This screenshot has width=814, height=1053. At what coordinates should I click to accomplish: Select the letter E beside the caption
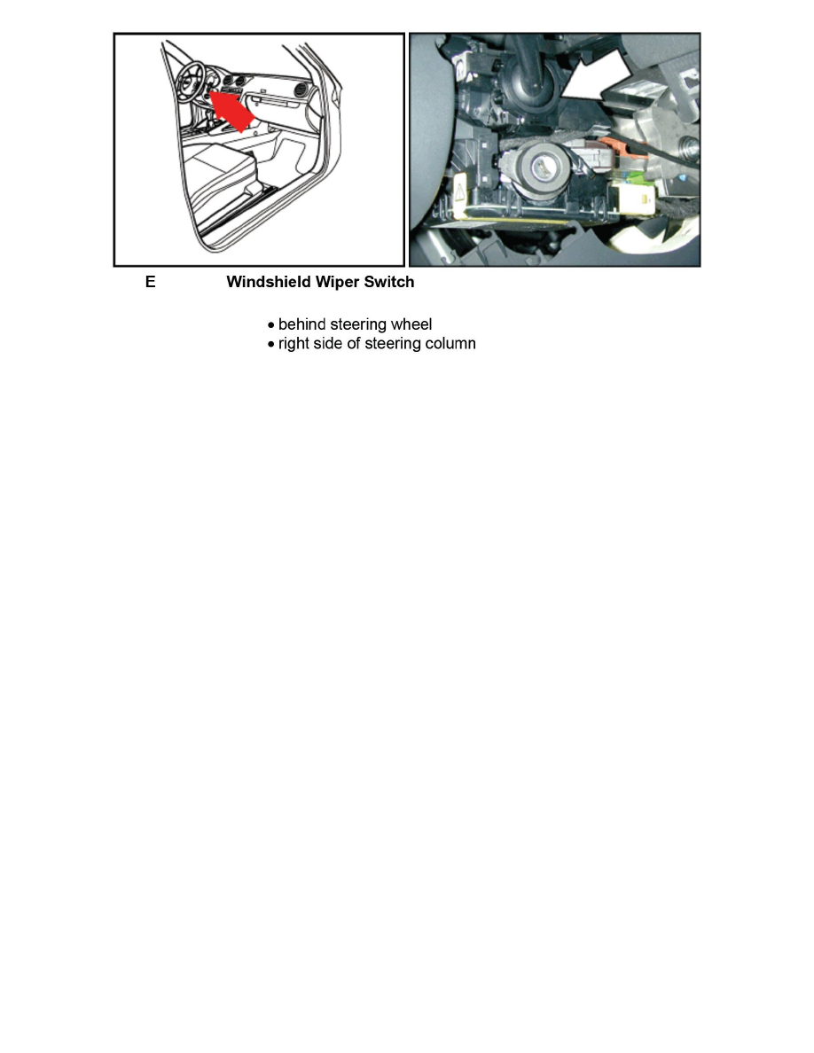(x=151, y=283)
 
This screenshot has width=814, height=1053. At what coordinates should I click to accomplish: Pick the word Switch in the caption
(x=389, y=283)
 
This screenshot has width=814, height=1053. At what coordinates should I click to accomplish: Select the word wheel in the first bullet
(x=411, y=324)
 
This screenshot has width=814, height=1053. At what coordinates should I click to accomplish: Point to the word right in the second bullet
(x=295, y=344)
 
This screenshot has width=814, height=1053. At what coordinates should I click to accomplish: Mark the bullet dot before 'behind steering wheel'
(x=271, y=325)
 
